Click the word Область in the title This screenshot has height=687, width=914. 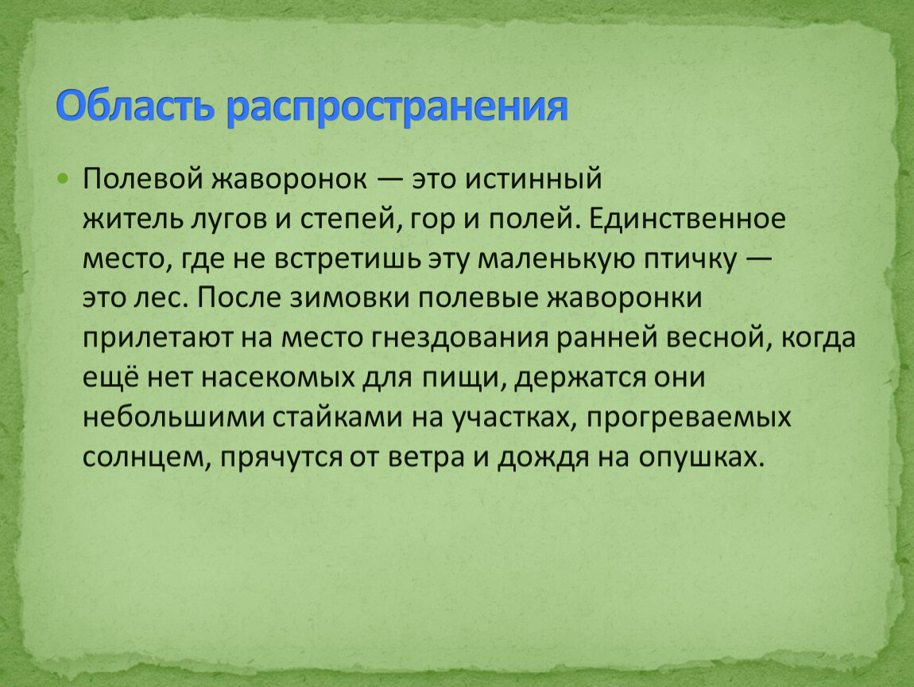135,105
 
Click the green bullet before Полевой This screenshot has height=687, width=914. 63,178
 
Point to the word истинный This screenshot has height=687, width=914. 533,179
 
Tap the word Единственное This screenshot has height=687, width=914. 687,219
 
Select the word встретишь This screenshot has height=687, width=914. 347,259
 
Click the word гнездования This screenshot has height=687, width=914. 459,338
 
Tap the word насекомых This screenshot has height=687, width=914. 278,378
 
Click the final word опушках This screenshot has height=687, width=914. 701,458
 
